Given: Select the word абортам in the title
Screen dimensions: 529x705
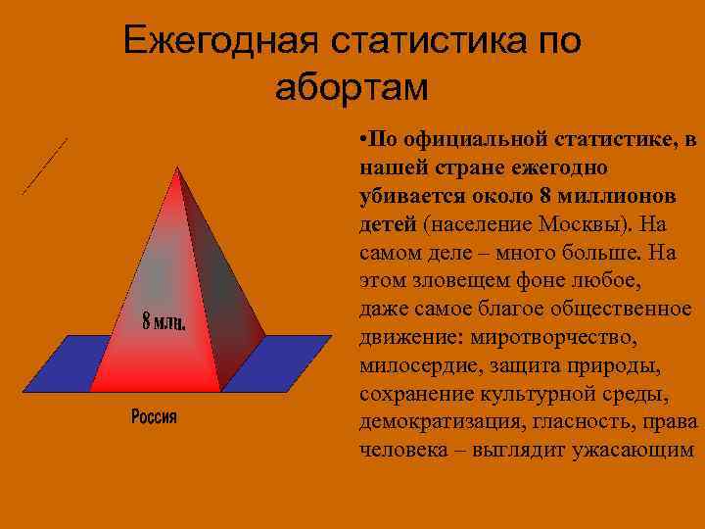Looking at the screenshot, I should (352, 87).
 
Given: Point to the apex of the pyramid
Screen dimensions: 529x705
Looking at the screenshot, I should (177, 168).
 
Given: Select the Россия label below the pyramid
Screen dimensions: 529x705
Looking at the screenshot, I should (155, 417).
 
